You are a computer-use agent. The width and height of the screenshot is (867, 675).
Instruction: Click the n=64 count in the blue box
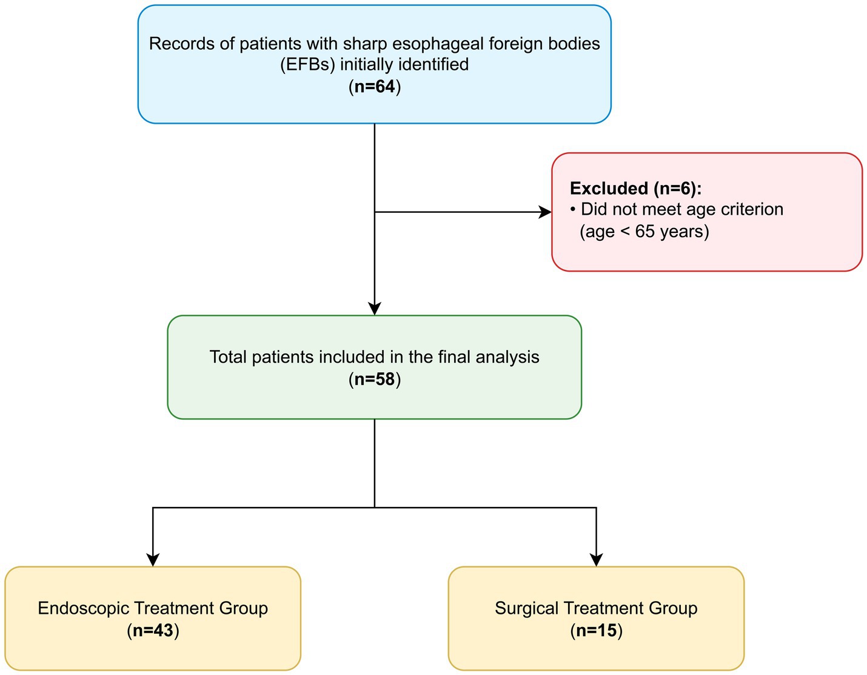375,87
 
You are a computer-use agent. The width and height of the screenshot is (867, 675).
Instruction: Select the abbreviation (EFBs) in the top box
307,64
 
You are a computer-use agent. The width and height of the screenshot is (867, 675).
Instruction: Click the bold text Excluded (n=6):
635,188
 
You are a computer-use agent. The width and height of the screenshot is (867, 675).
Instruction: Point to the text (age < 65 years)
644,232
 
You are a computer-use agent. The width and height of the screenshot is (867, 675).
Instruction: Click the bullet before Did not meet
573,210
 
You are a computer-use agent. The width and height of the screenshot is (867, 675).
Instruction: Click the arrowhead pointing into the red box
546,212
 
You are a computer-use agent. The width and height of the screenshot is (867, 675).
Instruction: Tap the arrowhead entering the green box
375,308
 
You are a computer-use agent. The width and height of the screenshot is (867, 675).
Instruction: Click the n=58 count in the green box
375,380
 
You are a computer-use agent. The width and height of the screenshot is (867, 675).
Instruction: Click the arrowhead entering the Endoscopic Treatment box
153,559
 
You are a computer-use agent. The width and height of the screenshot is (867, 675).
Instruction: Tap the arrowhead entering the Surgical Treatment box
597,559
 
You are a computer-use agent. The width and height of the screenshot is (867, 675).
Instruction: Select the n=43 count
153,631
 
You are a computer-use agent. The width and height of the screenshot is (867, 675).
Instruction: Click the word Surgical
526,608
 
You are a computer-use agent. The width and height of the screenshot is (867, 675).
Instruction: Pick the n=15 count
597,631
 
